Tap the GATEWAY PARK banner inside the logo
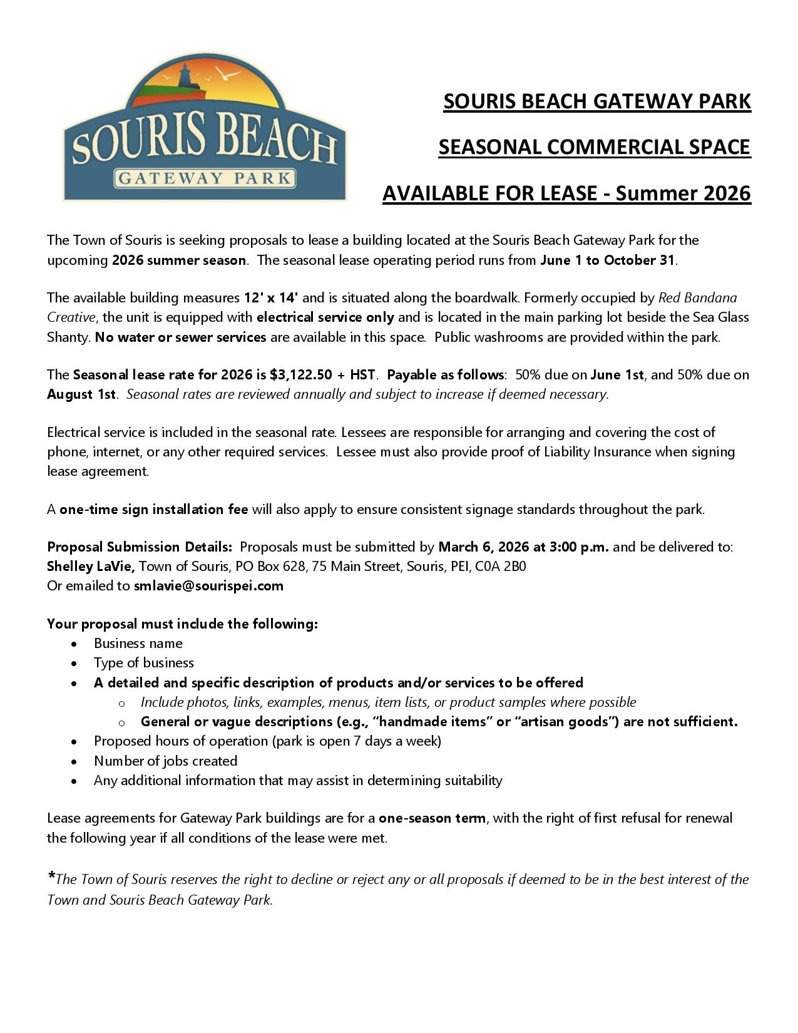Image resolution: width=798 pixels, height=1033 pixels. (204, 178)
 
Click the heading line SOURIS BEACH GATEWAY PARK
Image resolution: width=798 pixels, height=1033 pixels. (596, 101)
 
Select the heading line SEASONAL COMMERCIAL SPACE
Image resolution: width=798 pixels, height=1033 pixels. (594, 147)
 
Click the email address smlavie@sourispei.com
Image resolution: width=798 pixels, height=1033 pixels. (208, 586)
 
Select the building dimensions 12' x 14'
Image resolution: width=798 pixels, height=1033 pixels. (271, 298)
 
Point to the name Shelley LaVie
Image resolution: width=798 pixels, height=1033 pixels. (91, 567)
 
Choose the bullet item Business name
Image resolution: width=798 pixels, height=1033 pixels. (138, 644)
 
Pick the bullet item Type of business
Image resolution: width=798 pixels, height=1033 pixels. (144, 663)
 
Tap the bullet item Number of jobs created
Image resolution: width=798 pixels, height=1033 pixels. (166, 761)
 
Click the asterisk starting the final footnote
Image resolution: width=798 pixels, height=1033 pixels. (51, 876)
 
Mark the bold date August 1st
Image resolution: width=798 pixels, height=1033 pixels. (81, 394)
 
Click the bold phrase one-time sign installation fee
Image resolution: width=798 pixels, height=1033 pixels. (154, 510)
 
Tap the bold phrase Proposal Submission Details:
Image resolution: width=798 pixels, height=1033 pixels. (140, 547)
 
